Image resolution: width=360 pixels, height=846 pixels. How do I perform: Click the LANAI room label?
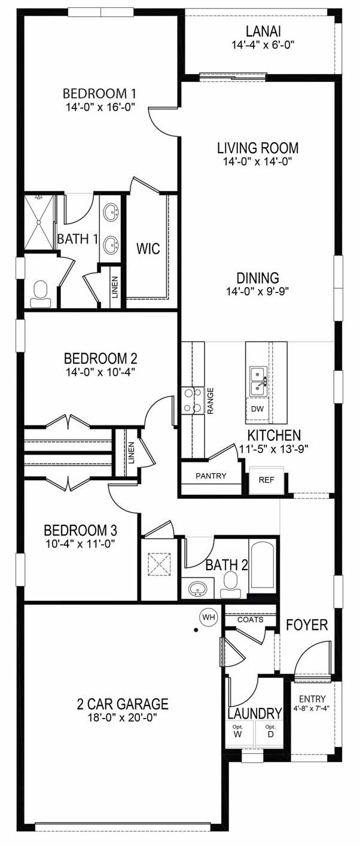(x=263, y=31)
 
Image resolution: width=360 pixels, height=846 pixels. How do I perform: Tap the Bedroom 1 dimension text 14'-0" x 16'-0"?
(x=100, y=107)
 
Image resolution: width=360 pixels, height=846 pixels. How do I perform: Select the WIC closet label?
(x=148, y=248)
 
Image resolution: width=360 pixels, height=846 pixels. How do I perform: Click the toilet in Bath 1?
(x=41, y=295)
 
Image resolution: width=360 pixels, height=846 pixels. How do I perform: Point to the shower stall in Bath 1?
(x=39, y=222)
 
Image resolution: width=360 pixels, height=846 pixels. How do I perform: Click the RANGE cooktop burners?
(x=192, y=400)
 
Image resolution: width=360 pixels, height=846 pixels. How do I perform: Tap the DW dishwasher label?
(x=257, y=409)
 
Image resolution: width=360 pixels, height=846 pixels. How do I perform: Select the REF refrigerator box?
(x=267, y=480)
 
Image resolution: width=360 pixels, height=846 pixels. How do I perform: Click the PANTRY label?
(x=211, y=476)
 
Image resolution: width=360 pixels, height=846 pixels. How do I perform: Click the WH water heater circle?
(x=208, y=617)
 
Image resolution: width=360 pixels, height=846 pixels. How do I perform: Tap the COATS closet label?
(x=251, y=620)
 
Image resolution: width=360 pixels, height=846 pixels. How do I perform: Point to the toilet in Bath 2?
(x=231, y=585)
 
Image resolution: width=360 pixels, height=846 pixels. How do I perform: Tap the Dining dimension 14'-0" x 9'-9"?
(x=258, y=291)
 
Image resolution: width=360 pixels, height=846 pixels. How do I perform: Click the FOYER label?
(x=307, y=625)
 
